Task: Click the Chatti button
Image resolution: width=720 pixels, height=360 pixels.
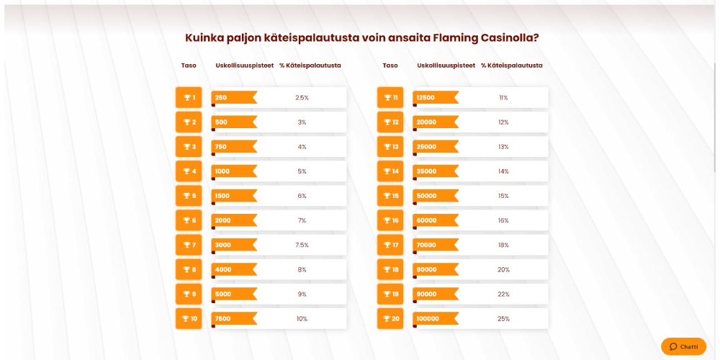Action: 683,346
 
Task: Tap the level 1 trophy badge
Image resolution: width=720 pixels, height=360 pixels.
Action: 189,98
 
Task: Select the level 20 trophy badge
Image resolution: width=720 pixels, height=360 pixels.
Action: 390,319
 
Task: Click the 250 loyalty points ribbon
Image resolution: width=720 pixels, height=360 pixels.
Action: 233,98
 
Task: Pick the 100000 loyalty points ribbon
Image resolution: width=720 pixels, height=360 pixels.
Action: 435,319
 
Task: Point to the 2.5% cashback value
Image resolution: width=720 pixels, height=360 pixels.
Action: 302,98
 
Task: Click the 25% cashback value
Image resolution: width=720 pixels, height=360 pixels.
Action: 503,319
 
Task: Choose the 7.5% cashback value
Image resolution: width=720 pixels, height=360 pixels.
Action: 302,246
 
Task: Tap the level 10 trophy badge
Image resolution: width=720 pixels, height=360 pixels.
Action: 189,319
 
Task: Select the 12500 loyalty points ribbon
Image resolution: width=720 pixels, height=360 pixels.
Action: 435,98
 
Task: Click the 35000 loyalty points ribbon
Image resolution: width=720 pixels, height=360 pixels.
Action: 435,171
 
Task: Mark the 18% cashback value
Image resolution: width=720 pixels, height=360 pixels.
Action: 503,246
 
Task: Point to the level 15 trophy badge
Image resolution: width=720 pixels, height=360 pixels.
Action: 390,196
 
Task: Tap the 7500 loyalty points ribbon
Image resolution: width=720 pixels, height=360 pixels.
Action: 233,319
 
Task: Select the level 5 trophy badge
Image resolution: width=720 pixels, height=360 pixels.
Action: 189,196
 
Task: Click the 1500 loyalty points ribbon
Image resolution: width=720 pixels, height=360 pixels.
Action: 233,196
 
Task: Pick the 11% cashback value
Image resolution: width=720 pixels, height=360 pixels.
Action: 503,98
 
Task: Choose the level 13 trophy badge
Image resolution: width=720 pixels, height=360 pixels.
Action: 390,147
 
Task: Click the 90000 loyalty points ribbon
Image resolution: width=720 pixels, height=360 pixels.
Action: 435,294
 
